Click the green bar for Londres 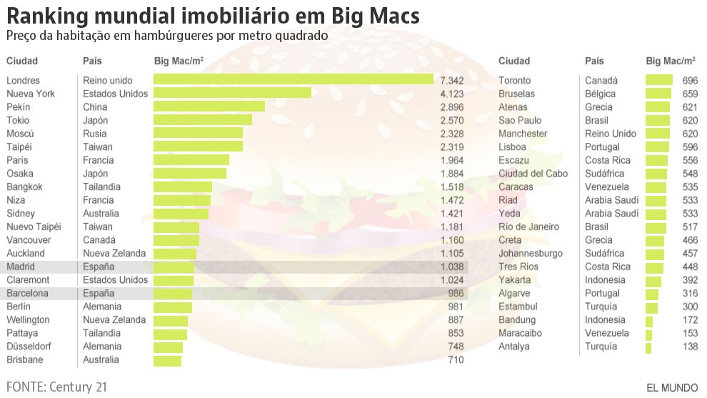click(x=294, y=79)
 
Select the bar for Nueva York click(x=232, y=93)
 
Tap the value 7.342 click(x=452, y=80)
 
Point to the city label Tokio click(x=18, y=120)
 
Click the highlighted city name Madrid click(x=20, y=267)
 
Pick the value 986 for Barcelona click(x=456, y=293)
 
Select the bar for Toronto click(x=658, y=80)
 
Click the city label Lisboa click(x=513, y=146)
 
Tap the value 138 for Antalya click(x=689, y=347)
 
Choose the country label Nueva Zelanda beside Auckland click(x=114, y=253)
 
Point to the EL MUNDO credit click(x=672, y=388)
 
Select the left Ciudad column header click(x=21, y=61)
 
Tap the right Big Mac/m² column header click(x=671, y=61)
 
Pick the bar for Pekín click(x=209, y=106)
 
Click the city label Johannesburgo click(x=531, y=253)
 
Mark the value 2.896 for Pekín click(x=452, y=106)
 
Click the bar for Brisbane click(x=167, y=359)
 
